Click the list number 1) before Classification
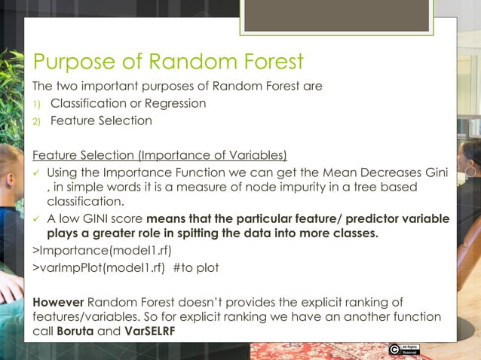point(37,103)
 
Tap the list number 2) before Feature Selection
point(37,121)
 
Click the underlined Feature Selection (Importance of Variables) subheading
point(159,156)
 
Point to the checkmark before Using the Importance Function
point(37,173)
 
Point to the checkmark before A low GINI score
point(37,218)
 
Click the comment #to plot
point(200,267)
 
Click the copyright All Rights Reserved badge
point(403,349)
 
